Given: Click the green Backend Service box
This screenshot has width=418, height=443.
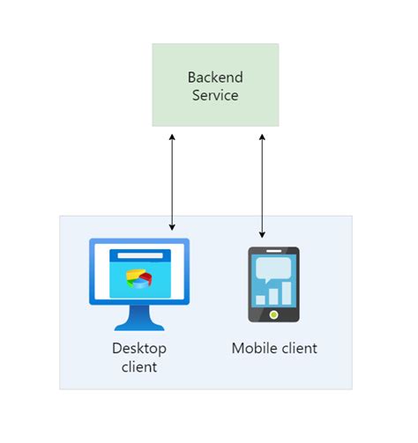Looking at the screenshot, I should (x=215, y=85).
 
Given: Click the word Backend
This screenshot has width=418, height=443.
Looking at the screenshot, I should (x=215, y=77).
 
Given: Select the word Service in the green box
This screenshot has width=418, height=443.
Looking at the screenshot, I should (x=215, y=95).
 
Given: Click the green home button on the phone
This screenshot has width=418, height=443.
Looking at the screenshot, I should (x=273, y=314).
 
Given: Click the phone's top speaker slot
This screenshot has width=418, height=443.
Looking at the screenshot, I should (x=273, y=253).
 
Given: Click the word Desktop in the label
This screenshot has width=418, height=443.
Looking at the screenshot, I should (x=139, y=348).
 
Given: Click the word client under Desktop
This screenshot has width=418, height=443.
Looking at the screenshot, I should (x=139, y=366).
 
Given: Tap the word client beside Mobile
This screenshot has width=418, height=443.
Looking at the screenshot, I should (x=298, y=348).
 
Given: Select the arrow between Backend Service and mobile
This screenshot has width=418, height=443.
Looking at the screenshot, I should (x=262, y=186).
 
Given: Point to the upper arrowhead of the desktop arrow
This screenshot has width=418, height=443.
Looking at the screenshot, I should (x=172, y=137).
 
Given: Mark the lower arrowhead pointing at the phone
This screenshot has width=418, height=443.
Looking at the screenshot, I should (x=262, y=234).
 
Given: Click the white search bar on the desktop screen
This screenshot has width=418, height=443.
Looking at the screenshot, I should (x=139, y=255).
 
